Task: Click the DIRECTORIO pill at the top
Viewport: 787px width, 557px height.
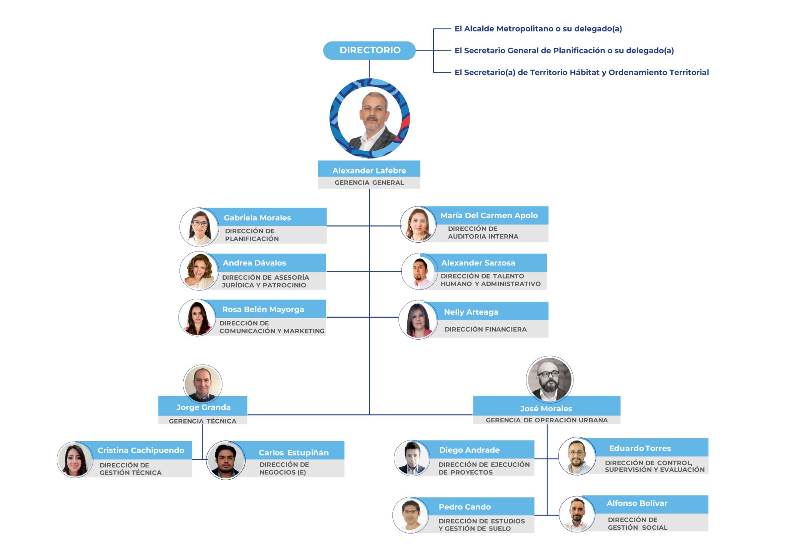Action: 369,50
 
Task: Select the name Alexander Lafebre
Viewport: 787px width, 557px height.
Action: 369,170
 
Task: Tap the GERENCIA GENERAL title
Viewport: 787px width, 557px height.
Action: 369,183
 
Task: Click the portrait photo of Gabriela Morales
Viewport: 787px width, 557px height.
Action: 199,227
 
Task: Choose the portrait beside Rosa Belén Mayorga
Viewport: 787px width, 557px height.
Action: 198,318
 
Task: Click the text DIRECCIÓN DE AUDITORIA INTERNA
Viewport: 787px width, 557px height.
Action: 483,233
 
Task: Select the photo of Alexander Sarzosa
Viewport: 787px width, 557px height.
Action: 420,272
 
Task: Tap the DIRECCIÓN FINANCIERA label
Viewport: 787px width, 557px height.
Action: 485,329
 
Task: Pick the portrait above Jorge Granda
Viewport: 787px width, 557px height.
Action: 203,384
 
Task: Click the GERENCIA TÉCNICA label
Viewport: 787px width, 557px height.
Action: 203,421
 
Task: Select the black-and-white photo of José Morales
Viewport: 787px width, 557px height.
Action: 549,379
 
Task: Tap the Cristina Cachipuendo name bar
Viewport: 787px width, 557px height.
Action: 141,450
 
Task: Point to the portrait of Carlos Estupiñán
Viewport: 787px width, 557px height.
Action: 226,460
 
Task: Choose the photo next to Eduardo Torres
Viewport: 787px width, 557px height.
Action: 577,456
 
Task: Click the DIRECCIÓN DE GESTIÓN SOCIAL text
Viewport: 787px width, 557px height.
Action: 637,524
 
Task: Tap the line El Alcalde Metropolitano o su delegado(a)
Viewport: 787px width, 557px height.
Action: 538,29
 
